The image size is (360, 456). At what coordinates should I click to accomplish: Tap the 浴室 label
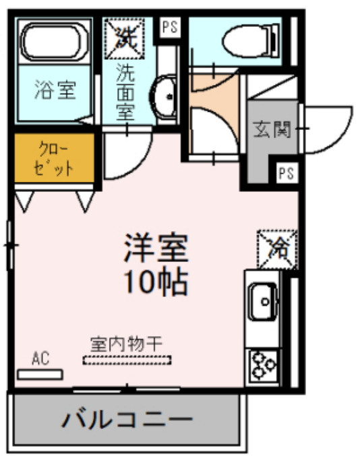pos(55,90)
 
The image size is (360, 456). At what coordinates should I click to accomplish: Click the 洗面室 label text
pos(125,91)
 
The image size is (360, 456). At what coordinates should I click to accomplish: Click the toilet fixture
pos(249,39)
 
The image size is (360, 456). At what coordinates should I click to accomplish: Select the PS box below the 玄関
pos(286,173)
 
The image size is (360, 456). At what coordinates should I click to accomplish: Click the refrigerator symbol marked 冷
pos(276,247)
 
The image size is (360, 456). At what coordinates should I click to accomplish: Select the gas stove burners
pos(264,366)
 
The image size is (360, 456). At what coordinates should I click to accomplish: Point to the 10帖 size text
pos(154,282)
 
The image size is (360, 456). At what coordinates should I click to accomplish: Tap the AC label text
pos(40,358)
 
